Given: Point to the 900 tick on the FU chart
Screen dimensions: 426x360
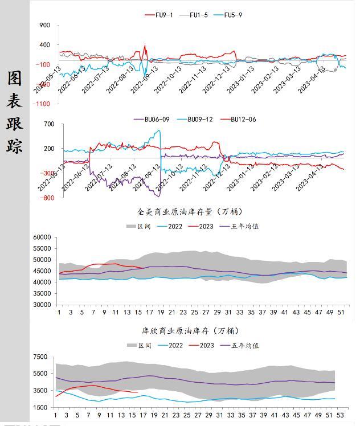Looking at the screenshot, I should (x=45, y=26).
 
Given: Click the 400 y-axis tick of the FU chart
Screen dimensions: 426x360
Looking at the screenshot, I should (x=45, y=45).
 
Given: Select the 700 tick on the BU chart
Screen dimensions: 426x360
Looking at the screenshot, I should (x=49, y=124).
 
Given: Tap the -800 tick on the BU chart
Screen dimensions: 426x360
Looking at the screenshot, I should (x=47, y=198).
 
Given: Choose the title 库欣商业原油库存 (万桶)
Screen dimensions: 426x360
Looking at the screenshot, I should (x=182, y=330).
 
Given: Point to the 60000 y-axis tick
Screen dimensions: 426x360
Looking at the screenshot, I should (x=42, y=237).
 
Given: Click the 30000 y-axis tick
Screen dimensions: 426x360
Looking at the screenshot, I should (x=42, y=305).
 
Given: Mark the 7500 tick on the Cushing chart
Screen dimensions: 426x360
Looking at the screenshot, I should (x=40, y=357).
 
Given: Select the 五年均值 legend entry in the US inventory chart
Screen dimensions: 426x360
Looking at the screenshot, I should (x=245, y=226).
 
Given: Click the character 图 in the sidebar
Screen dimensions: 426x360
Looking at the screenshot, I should (x=15, y=79).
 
